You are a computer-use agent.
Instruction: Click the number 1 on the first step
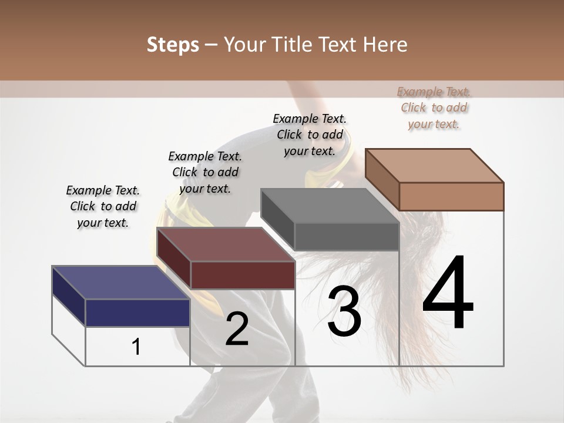[136, 347]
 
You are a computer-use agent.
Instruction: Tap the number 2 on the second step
[237, 329]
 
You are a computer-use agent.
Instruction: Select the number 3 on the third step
[344, 311]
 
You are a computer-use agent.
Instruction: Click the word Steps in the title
[173, 45]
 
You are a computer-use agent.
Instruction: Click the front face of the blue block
[137, 313]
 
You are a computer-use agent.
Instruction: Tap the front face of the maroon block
[243, 275]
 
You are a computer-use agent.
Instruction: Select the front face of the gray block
[347, 237]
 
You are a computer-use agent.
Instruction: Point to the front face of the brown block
[451, 196]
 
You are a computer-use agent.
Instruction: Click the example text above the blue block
[103, 206]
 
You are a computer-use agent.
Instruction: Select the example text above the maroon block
[205, 172]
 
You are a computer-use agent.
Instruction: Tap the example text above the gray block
[310, 135]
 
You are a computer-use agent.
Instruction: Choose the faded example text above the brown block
[434, 108]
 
